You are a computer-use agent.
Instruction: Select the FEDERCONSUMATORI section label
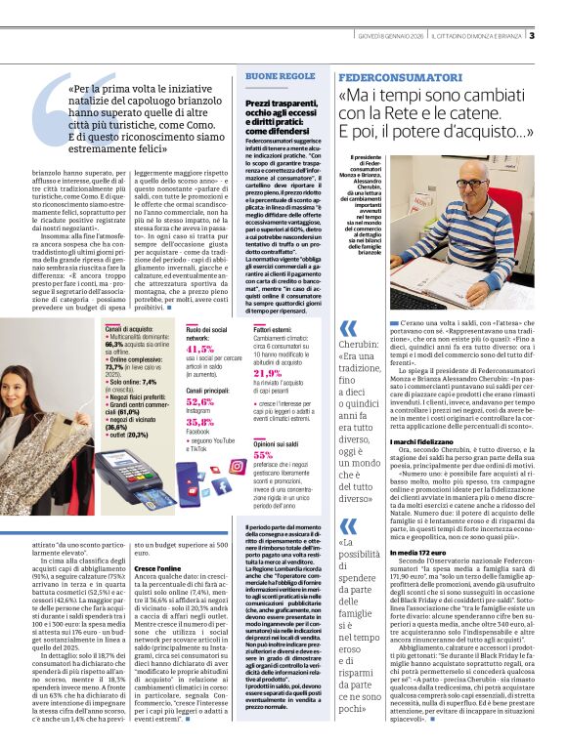[400, 76]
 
